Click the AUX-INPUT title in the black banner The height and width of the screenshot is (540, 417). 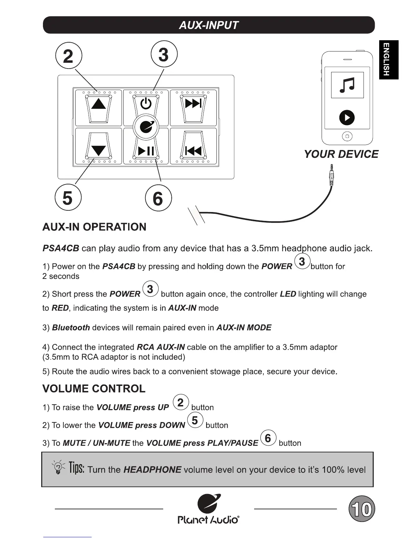208,25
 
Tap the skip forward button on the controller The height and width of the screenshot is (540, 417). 193,103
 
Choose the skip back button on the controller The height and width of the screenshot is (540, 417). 193,151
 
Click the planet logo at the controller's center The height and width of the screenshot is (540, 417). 146,127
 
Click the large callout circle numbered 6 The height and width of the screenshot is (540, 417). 158,198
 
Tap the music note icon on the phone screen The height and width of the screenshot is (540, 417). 347,85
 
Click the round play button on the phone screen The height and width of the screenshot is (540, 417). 347,118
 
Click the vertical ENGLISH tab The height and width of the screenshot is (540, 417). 388,60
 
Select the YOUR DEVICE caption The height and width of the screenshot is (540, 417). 341,154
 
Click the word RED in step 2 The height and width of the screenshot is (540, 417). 60,308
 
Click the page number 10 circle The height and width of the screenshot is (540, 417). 362,509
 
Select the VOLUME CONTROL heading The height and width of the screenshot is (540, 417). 94,389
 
